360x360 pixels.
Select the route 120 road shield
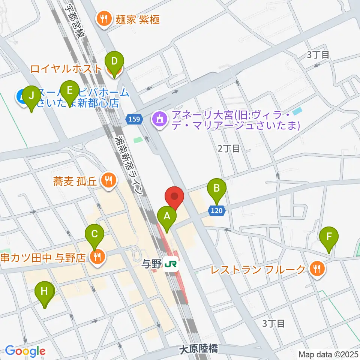click(217, 211)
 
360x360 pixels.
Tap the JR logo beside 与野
click(171, 265)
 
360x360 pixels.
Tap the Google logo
click(25, 351)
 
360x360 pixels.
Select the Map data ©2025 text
click(328, 354)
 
